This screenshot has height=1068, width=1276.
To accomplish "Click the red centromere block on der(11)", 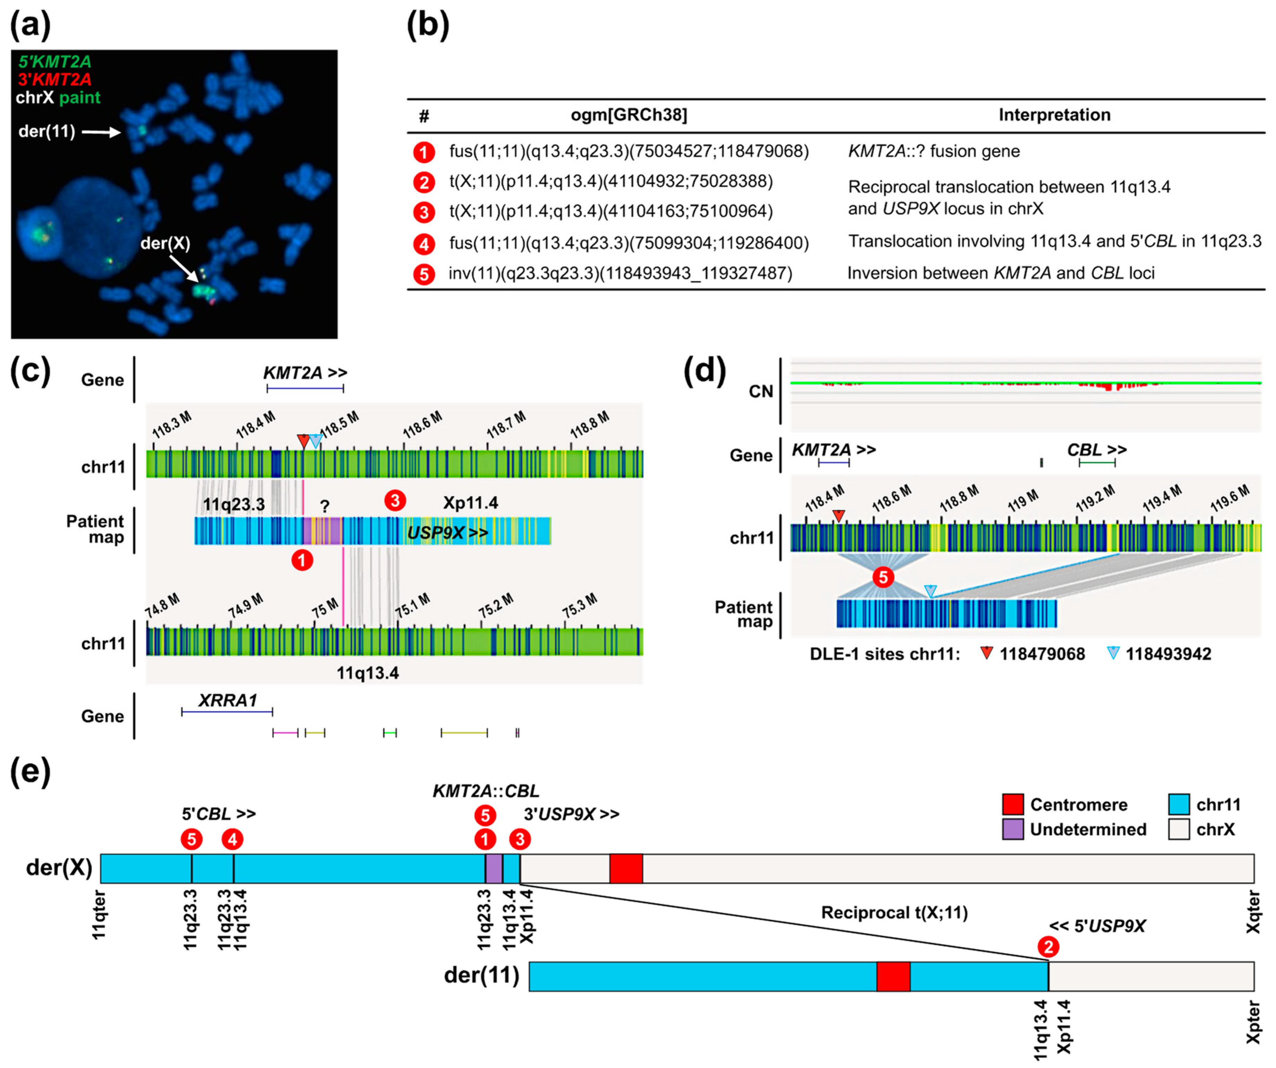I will click(x=893, y=976).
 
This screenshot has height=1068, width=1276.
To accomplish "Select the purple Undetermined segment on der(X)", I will click(x=494, y=868).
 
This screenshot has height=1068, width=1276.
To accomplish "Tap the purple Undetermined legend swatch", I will click(x=1012, y=829).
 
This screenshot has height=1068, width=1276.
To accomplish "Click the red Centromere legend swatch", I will click(x=1012, y=804).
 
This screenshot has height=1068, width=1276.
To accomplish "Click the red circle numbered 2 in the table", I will click(x=423, y=183).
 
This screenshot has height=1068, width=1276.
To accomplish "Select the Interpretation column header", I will click(x=1054, y=115).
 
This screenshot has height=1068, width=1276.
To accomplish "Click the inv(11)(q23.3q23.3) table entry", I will click(x=620, y=273).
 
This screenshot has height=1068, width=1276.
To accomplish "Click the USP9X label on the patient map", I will click(x=447, y=533).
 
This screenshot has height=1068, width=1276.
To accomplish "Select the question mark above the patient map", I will click(x=325, y=506).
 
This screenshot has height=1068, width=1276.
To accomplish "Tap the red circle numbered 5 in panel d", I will click(x=883, y=577).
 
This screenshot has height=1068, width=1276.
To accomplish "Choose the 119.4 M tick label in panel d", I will click(x=1162, y=499).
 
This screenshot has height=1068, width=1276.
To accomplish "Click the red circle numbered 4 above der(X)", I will click(x=232, y=839).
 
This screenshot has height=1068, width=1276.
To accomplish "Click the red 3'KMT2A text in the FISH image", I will click(x=55, y=79).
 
